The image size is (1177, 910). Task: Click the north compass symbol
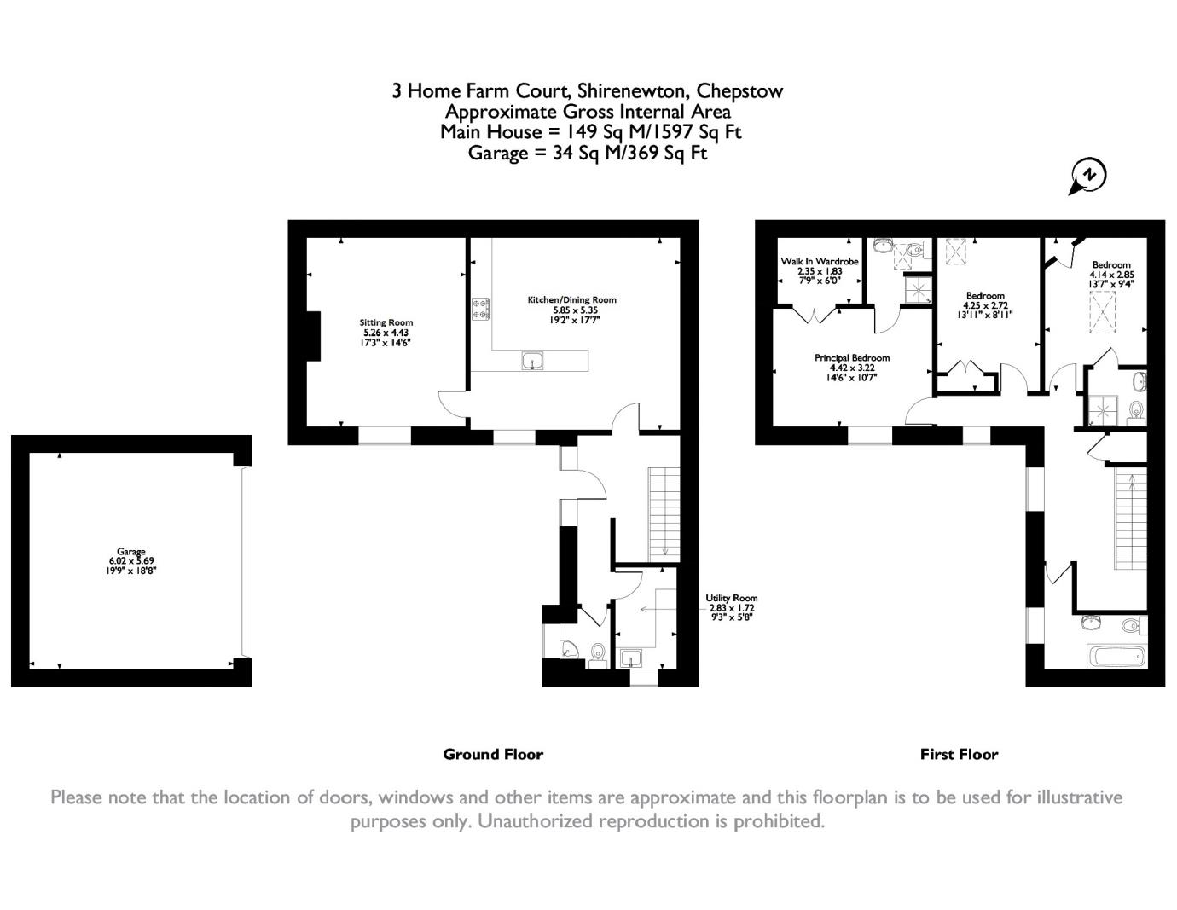click(1087, 177)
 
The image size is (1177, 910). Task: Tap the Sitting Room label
click(386, 322)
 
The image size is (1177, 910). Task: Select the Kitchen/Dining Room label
click(572, 300)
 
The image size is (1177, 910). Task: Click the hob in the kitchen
click(481, 309)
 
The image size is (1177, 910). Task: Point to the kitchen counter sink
click(532, 361)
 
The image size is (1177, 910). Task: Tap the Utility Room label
click(731, 598)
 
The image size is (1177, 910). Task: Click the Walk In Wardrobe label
click(820, 262)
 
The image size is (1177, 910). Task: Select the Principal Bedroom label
click(852, 358)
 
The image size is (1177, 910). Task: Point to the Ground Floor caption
click(493, 754)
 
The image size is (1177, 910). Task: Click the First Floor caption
click(959, 754)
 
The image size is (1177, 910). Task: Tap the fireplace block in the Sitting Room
click(314, 336)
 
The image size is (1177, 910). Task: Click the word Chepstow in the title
click(740, 91)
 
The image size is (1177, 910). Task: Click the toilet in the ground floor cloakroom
click(598, 654)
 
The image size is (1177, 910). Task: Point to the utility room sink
click(631, 658)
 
